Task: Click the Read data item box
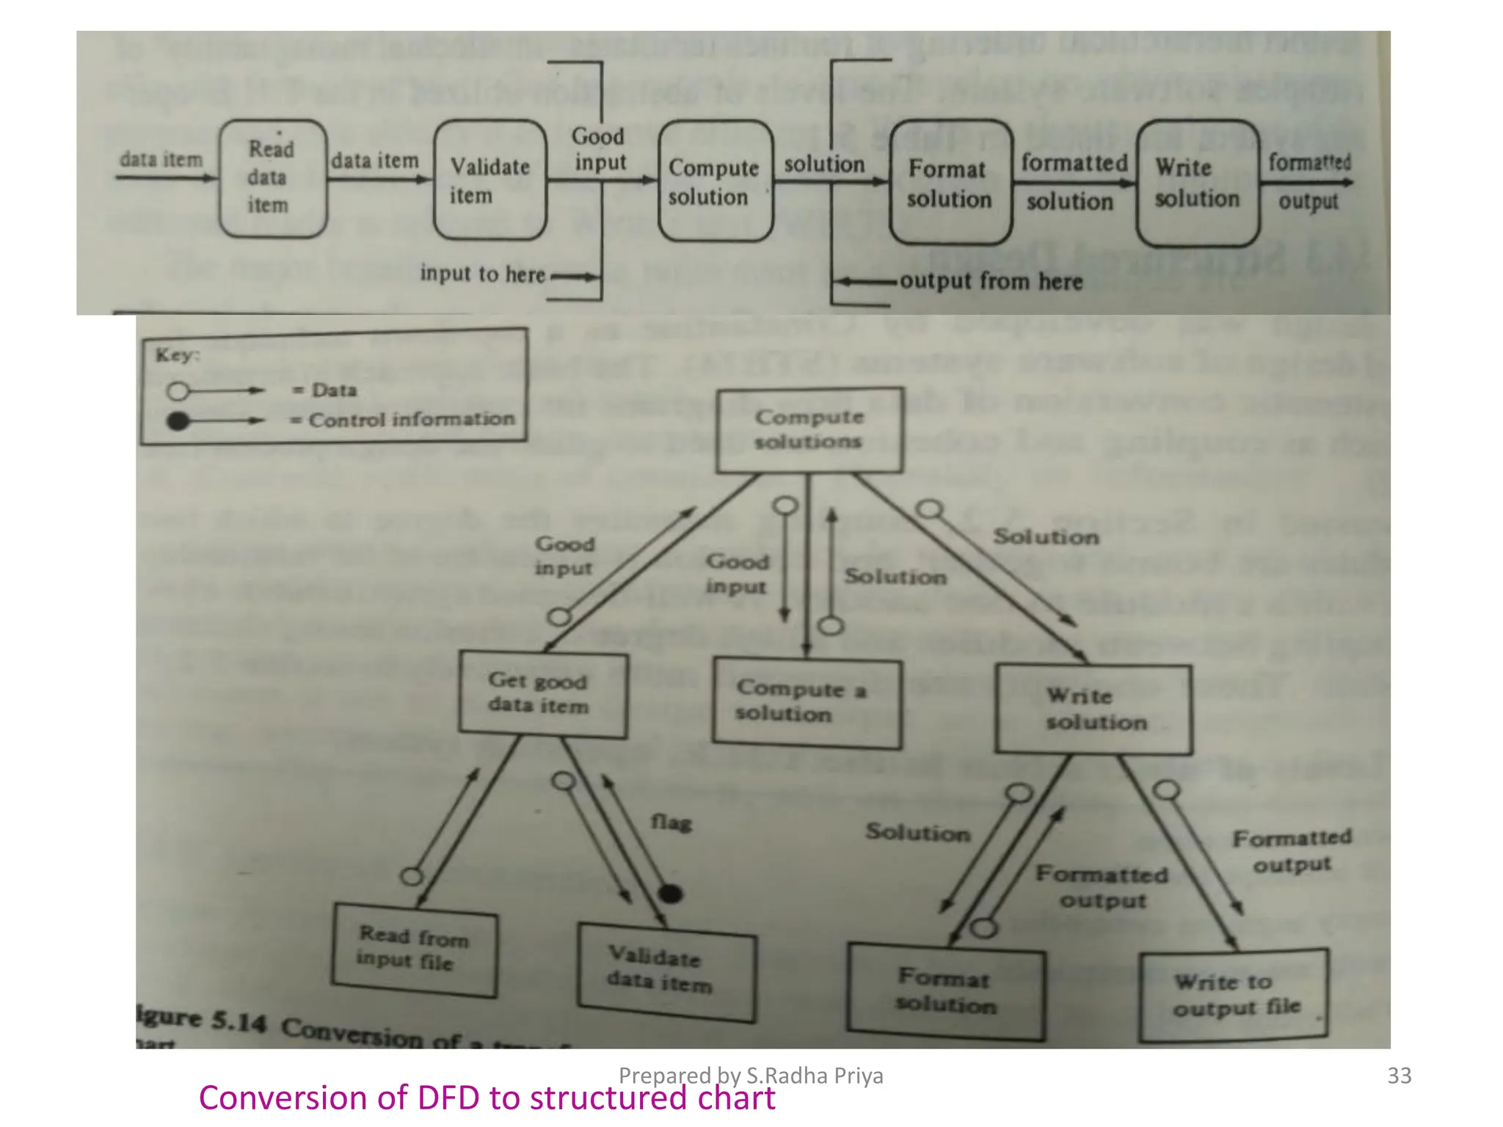[x=273, y=179]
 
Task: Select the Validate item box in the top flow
[x=490, y=180]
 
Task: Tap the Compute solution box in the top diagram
[x=715, y=182]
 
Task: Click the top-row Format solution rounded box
[x=950, y=183]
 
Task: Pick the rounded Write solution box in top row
[x=1197, y=183]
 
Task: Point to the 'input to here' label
[x=482, y=274]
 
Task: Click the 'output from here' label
[x=991, y=282]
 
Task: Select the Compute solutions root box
[x=809, y=430]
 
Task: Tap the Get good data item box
[x=542, y=694]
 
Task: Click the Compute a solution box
[x=807, y=703]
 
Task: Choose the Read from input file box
[x=414, y=949]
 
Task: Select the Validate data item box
[x=666, y=971]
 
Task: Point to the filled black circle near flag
[x=670, y=894]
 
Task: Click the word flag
[x=671, y=823]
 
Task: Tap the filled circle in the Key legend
[x=178, y=421]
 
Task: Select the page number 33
[x=1399, y=1076]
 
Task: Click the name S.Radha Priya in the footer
[x=815, y=1076]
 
